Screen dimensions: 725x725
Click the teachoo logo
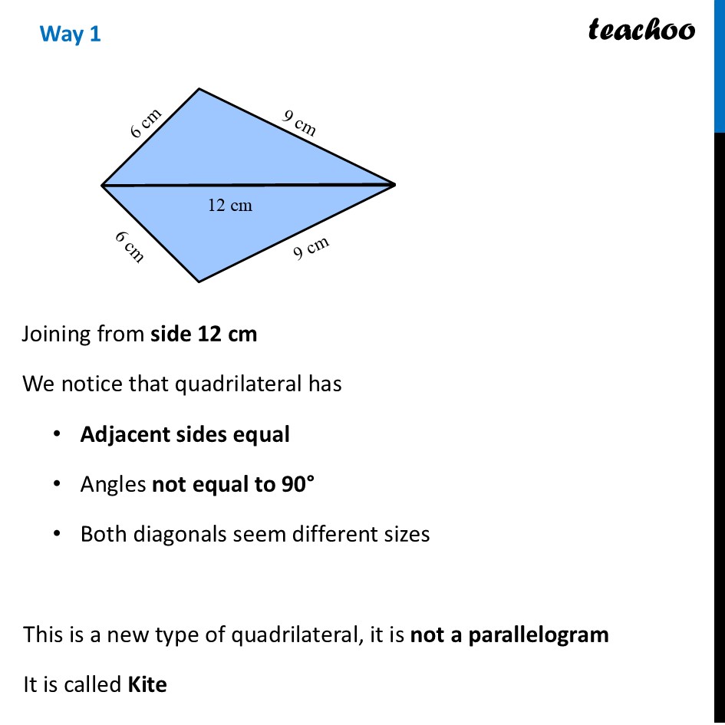pos(641,30)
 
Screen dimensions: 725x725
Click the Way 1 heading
pos(70,34)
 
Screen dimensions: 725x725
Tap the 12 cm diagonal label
pos(229,206)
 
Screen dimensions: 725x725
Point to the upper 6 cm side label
pos(146,123)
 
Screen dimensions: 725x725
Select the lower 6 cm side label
pos(130,246)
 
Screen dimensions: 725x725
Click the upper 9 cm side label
pos(299,123)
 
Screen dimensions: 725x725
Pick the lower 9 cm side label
pos(311,248)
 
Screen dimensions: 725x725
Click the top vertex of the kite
pos(199,89)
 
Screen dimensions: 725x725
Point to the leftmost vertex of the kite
pos(103,185)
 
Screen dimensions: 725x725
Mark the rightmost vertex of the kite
pos(394,184)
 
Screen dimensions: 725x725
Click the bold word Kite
pos(147,684)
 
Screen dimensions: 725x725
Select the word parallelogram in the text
pos(539,634)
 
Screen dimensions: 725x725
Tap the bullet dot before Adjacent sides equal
pos(56,434)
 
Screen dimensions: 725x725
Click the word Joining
pos(58,334)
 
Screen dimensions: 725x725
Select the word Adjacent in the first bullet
pos(117,434)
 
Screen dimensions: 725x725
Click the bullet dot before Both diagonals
pos(56,533)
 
